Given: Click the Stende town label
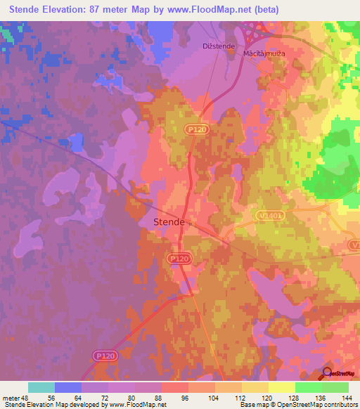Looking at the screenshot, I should pyautogui.click(x=169, y=222).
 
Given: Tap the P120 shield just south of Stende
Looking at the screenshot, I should pyautogui.click(x=179, y=259).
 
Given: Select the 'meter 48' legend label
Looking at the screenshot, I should pyautogui.click(x=14, y=397).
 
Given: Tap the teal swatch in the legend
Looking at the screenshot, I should pyautogui.click(x=41, y=387).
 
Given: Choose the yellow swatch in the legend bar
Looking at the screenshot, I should pyautogui.click(x=282, y=387).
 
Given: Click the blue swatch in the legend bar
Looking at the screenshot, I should pyautogui.click(x=68, y=387).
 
